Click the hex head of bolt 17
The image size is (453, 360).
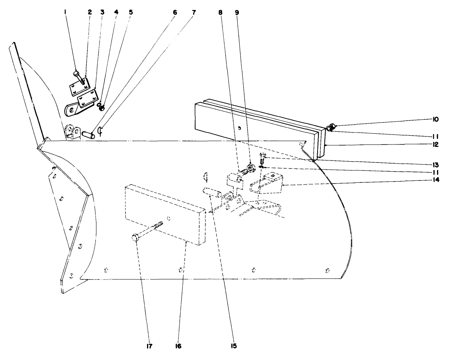[x=135, y=238]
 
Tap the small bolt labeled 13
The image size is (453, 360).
[x=263, y=158]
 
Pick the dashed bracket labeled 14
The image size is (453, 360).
[x=266, y=184]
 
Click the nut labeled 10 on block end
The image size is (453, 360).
[x=330, y=128]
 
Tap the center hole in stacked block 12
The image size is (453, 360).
[x=239, y=128]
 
